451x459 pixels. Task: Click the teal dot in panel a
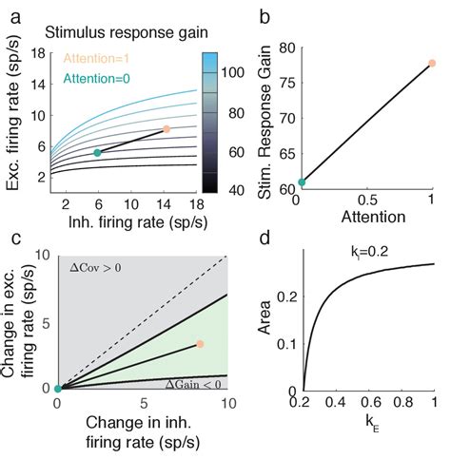pyautogui.click(x=97, y=152)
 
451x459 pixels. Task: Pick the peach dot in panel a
pyautogui.click(x=166, y=129)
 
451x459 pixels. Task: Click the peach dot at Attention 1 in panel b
pyautogui.click(x=432, y=64)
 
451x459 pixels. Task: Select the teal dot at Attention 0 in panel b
pyautogui.click(x=303, y=182)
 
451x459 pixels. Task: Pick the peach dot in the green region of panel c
pyautogui.click(x=200, y=344)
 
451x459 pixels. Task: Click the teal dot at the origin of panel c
pyautogui.click(x=58, y=388)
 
